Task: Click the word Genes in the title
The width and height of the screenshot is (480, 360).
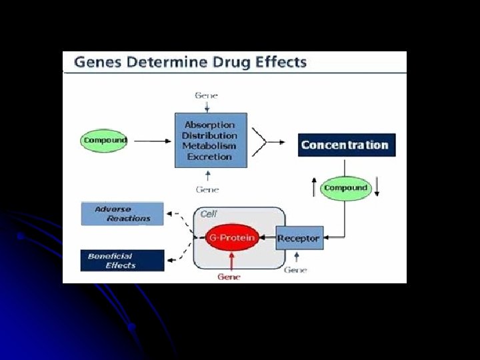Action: [95, 63]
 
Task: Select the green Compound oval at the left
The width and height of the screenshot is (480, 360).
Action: [105, 141]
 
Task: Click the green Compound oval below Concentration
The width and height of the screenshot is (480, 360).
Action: [345, 188]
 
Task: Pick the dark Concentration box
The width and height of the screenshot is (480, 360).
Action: [346, 145]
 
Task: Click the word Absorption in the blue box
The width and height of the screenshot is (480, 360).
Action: [209, 125]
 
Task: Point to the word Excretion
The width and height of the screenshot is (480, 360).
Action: [209, 157]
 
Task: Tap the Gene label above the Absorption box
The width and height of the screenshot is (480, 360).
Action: [206, 95]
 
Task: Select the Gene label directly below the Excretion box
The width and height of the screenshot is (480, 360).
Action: [207, 189]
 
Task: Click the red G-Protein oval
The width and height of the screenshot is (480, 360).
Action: [231, 238]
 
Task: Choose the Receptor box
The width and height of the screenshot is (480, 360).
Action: [299, 238]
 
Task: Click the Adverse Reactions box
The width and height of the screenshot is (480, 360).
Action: [122, 213]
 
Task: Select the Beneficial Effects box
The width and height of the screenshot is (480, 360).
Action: [122, 260]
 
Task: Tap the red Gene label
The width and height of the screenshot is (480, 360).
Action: [229, 277]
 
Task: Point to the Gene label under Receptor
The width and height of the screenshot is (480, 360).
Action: [295, 270]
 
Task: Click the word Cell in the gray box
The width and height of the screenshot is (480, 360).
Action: [209, 214]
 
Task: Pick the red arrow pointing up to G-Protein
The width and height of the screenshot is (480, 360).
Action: [231, 261]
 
